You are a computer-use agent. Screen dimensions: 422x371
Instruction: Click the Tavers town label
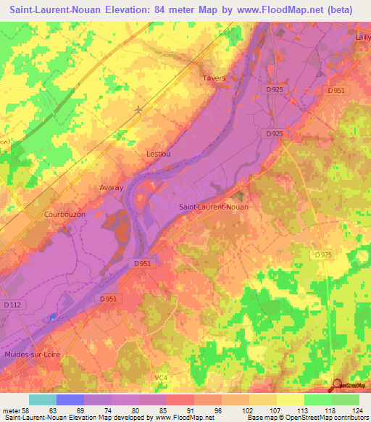coord(214,78)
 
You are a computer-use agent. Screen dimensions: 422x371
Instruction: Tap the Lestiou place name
coord(158,154)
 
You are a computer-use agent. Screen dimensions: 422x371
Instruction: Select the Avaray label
coord(111,187)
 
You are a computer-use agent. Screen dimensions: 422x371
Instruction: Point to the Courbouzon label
coord(45,215)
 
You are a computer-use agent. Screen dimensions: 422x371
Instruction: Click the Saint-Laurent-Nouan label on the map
coord(214,207)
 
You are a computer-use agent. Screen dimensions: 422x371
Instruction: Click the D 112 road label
coord(13,305)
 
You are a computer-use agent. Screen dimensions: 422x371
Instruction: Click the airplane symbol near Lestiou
coord(138,110)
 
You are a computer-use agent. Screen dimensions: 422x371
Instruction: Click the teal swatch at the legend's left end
coord(43,400)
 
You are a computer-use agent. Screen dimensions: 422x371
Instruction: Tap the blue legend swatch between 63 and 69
coord(70,400)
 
